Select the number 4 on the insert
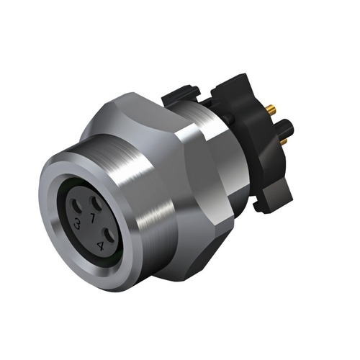coord(99,246)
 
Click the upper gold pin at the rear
coord(271,110)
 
